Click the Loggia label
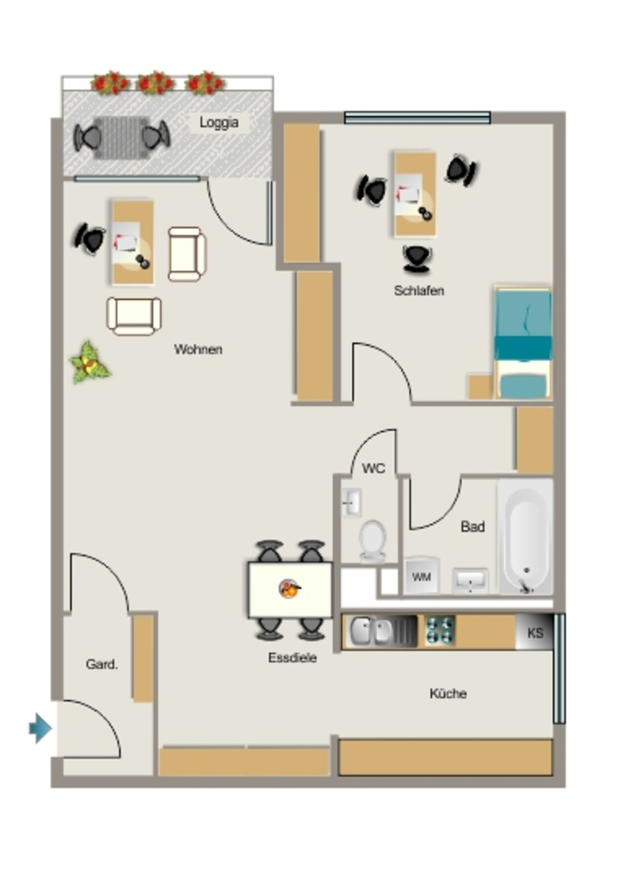219,122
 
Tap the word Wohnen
198,349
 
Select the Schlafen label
419,291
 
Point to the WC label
373,468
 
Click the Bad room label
472,527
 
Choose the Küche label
447,693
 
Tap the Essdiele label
292,657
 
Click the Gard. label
102,664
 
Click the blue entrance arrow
40,728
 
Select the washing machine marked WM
422,576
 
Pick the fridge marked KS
534,632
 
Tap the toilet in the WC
373,541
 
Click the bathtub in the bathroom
525,537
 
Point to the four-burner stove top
440,631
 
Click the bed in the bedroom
522,343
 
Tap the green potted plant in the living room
89,363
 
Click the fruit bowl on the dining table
290,588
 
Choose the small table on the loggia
120,138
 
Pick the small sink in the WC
352,502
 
